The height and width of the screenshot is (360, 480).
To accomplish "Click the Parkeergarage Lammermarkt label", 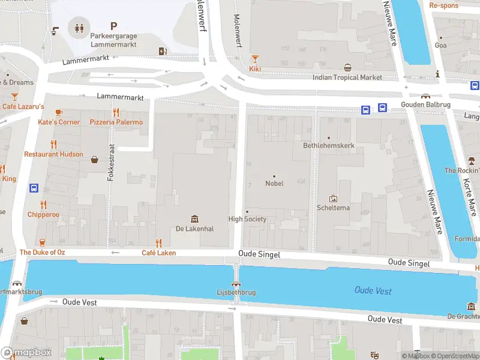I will tap(113, 40).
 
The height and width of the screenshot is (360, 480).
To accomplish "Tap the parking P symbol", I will tap(113, 26).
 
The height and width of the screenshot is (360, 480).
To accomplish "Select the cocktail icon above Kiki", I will tap(255, 59).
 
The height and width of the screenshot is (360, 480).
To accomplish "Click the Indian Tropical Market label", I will tap(347, 77).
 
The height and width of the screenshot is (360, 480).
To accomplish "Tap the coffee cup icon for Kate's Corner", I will tap(59, 112).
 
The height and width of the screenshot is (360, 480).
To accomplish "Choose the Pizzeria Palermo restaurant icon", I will tap(116, 112).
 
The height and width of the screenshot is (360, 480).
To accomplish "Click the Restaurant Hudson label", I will tap(53, 154).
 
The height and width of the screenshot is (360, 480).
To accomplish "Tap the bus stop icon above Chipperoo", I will tap(34, 188).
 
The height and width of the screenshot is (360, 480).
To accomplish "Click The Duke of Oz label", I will tap(42, 252).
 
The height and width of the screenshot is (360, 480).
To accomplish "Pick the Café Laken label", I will tap(158, 253).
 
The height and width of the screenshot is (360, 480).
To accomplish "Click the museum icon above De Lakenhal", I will tap(194, 219).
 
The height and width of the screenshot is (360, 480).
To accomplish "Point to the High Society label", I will tap(247, 219).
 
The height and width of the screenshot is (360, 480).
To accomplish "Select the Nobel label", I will tap(274, 184).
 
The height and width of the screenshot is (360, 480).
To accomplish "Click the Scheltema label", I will tap(332, 208).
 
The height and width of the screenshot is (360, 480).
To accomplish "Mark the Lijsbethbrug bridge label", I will tap(236, 292).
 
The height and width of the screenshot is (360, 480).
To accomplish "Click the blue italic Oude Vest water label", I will tap(373, 290).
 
